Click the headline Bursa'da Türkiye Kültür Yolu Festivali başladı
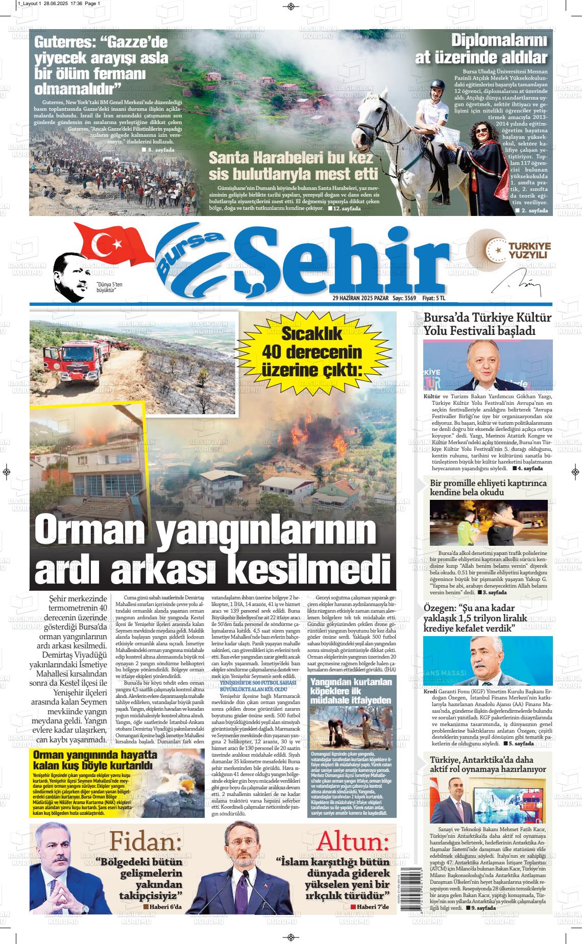tap(488, 324)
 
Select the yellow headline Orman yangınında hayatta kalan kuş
tap(93, 760)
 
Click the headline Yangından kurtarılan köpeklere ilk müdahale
tap(352, 691)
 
